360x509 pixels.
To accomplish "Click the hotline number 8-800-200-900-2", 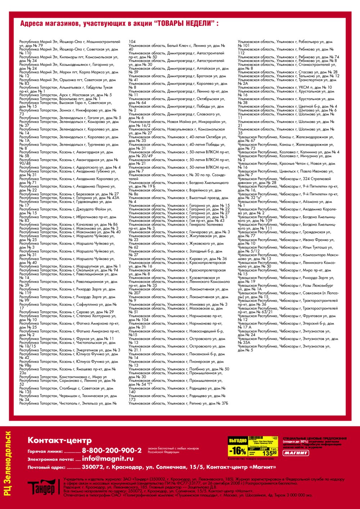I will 112,450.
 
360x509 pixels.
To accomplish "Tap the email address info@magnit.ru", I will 108,459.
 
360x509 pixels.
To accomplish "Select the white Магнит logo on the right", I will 296,453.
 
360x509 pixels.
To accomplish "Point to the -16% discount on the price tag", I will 238,451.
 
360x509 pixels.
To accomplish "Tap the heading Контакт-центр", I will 60,440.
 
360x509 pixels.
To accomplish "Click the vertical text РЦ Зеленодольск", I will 8,464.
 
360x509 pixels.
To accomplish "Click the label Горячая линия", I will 45,451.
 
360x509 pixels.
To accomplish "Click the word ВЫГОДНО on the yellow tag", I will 238,440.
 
